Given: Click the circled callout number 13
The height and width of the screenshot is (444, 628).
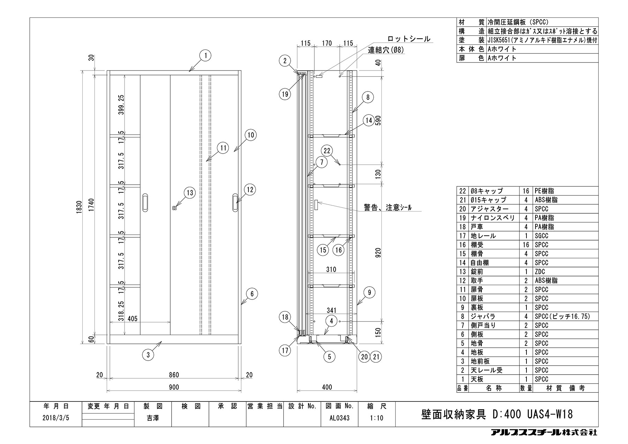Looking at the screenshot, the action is [189, 193].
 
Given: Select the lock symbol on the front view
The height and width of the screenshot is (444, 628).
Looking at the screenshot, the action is [174, 208].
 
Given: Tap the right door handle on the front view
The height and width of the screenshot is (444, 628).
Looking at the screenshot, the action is [236, 202].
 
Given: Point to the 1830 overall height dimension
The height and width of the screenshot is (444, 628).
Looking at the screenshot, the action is [79, 207].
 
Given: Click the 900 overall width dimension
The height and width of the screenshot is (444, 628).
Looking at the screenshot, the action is [174, 387].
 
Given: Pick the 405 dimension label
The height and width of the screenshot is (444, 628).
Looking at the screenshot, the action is [133, 318].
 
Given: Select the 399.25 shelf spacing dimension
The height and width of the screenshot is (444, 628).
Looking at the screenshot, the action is [121, 105].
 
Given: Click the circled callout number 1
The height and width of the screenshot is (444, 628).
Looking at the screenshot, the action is [206, 55].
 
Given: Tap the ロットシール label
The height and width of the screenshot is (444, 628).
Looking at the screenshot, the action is [409, 39].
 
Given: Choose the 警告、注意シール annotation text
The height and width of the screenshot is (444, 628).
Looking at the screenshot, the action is [387, 208].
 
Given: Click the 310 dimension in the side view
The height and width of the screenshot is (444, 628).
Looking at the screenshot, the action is [331, 269].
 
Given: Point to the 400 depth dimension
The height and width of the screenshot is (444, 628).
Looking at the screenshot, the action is [327, 387].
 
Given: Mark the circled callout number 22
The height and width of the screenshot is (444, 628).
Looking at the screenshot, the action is [327, 151].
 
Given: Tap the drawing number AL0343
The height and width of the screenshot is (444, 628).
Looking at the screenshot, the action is [339, 418].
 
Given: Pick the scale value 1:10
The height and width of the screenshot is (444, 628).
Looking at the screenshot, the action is [377, 418].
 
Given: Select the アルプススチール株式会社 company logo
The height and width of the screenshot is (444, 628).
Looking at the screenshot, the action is [544, 432].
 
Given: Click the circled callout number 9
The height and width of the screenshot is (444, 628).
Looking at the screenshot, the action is [369, 293].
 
